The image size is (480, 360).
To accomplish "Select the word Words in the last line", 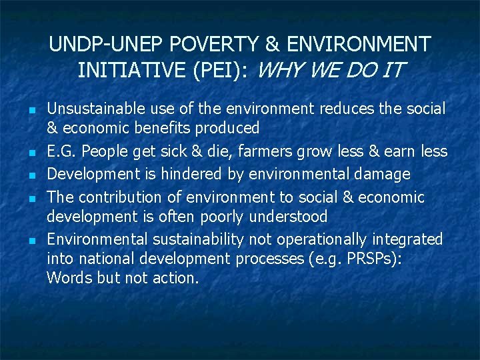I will point(69,278).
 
